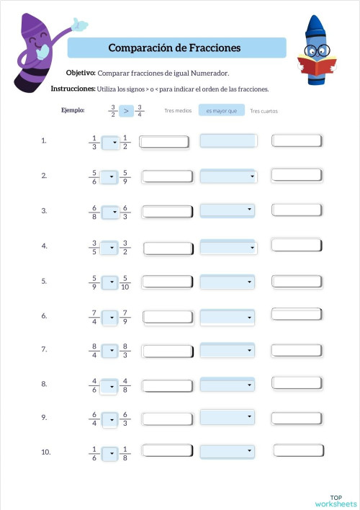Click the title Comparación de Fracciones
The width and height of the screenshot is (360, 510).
[174, 48]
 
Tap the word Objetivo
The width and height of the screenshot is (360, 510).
[80, 73]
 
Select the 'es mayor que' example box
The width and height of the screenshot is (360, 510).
[221, 111]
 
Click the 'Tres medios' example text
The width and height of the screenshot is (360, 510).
[178, 111]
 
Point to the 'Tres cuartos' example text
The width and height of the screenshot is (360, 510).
[264, 111]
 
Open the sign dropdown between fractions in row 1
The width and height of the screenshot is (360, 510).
[110, 143]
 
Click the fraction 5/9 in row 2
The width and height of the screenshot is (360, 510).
[126, 176]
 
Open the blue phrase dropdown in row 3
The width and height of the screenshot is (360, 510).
[228, 210]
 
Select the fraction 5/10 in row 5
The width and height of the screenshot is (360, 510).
[127, 282]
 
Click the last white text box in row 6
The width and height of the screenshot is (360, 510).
[296, 314]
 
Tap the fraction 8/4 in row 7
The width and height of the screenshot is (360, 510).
[94, 350]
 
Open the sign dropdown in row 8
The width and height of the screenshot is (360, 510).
[110, 385]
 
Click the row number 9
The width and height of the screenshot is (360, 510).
[45, 417]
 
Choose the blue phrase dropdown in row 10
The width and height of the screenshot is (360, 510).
[228, 452]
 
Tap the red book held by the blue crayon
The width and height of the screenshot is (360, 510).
[315, 67]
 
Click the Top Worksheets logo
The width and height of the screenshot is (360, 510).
[336, 500]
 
